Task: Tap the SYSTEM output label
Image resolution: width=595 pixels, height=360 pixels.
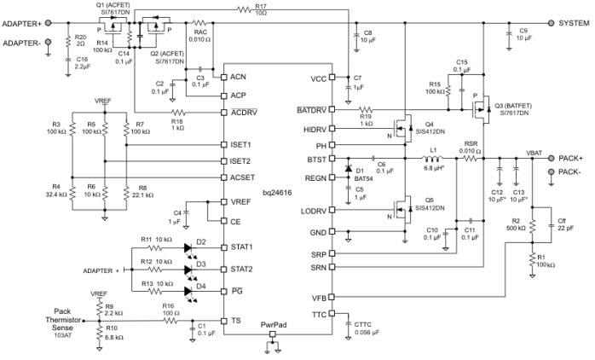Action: coord(576,24)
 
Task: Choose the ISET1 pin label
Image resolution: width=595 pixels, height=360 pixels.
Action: coord(241,144)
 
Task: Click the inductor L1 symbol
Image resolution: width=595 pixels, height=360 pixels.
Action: coord(433,159)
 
